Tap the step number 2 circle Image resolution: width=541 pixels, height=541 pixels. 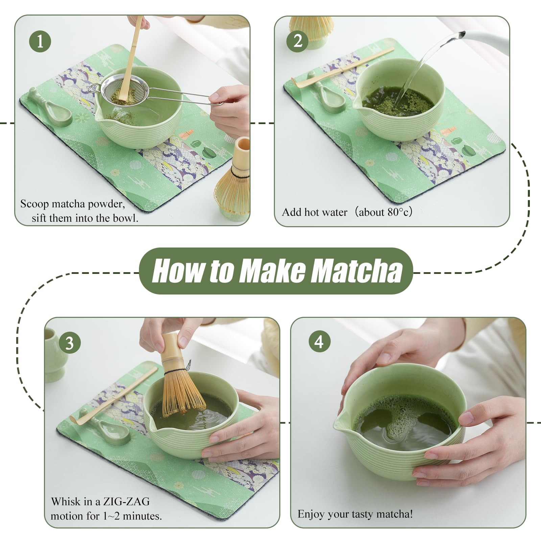tap(297, 41)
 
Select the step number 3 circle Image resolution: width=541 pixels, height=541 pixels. tap(69, 343)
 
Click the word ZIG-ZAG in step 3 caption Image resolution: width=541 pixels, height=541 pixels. tap(126, 501)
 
